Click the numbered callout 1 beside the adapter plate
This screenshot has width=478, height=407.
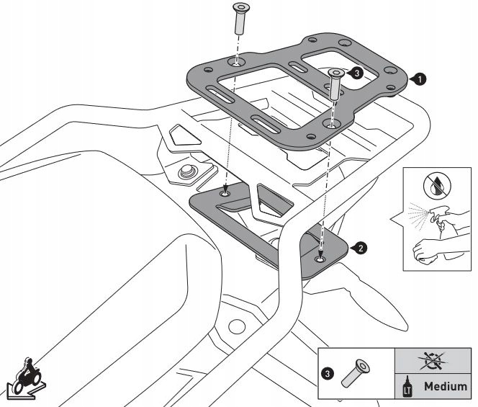tap(420, 80)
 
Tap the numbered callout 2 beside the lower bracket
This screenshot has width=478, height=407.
tap(361, 249)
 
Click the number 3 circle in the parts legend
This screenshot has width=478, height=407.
tap(328, 374)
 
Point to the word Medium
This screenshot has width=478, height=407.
tap(446, 387)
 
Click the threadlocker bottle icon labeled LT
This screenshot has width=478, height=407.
tap(407, 386)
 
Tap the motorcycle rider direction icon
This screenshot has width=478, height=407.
tap(26, 378)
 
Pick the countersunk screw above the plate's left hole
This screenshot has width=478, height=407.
tap(240, 19)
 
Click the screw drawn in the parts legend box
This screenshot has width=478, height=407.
tap(355, 373)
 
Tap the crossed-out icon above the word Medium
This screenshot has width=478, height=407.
tap(433, 361)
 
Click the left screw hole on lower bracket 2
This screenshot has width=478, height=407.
tap(225, 194)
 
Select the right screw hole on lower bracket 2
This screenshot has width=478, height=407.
tap(320, 259)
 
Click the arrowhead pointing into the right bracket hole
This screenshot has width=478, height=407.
tap(320, 254)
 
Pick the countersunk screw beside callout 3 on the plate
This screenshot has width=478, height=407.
tap(335, 84)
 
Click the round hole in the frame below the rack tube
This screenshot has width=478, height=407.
tap(237, 327)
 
